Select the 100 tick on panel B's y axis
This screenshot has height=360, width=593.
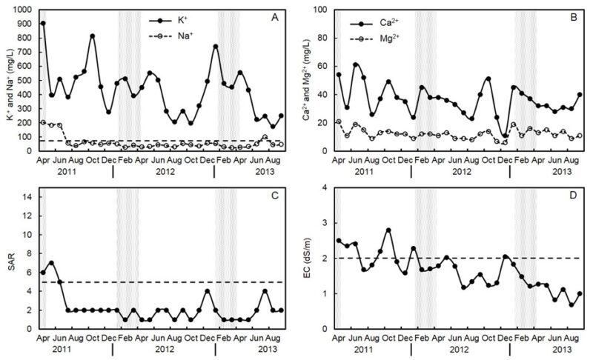tap(321, 10)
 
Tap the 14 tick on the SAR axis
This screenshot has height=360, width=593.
tap(28, 197)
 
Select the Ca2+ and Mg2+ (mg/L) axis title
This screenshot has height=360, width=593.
tap(307, 80)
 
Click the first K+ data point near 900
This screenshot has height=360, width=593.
tap(43, 24)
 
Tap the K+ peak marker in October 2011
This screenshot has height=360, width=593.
tap(93, 36)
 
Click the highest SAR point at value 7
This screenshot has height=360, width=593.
tap(51, 263)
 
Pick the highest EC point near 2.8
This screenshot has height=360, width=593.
tap(388, 230)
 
